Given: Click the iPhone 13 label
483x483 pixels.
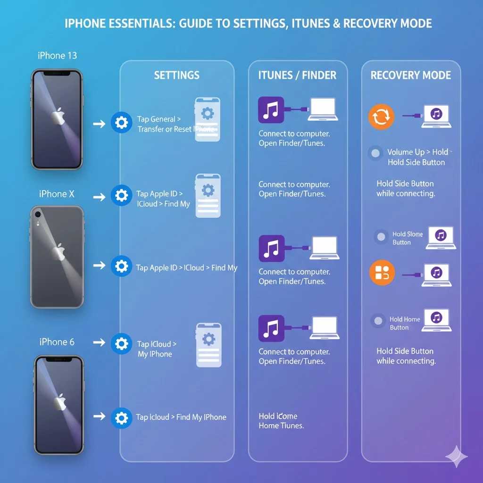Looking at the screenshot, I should [57, 56].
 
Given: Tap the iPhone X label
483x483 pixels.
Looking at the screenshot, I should [57, 194].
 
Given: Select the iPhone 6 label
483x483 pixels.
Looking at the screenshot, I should [57, 342].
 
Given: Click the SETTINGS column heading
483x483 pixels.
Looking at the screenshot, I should [176, 75].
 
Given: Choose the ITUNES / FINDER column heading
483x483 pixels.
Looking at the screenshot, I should [297, 75].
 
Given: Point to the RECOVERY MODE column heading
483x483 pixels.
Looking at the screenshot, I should [410, 75].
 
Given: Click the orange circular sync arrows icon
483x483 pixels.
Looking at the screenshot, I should [381, 117].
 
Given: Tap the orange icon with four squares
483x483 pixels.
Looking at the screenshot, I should [381, 272].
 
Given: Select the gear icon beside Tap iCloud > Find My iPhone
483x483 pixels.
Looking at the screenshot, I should [121, 417].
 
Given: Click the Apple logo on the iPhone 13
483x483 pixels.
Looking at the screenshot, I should [58, 116].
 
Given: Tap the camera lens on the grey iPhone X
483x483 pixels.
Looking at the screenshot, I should [38, 214].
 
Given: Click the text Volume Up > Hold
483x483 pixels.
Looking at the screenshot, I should [417, 152].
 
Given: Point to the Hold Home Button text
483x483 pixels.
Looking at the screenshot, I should [404, 323].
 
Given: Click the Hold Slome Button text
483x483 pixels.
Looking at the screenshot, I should [407, 238].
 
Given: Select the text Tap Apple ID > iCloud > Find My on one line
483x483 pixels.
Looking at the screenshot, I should [186, 267].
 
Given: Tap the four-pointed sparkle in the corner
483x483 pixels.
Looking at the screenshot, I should [456, 456].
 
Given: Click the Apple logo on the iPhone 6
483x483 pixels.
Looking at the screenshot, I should [59, 403].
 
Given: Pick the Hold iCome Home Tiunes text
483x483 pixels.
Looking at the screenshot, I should [281, 421].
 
